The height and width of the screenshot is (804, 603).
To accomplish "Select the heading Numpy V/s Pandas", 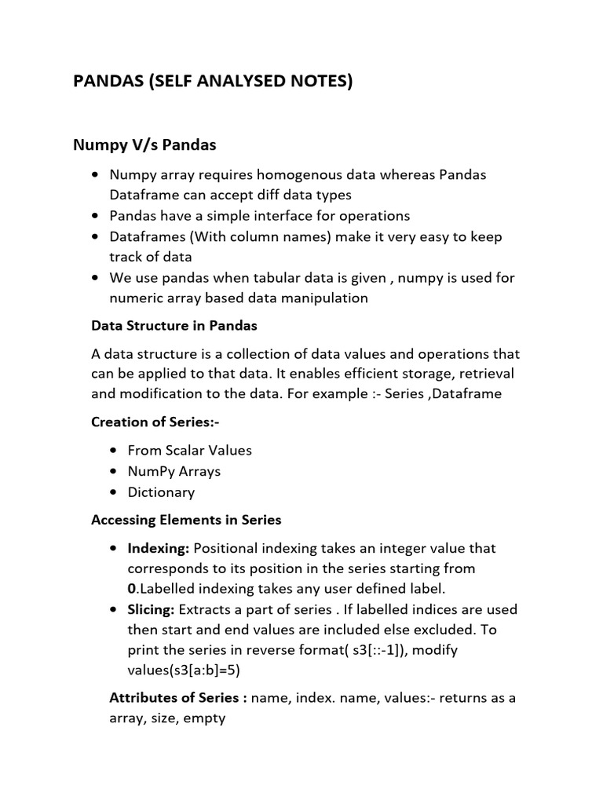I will (144, 145).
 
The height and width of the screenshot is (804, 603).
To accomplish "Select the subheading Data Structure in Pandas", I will (174, 325).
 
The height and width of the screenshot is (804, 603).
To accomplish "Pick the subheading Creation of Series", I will (155, 422).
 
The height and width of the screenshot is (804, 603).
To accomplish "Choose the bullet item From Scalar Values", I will (184, 451).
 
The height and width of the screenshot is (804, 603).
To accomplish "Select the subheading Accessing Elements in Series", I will (186, 520).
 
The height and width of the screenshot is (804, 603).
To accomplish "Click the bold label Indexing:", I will (159, 548).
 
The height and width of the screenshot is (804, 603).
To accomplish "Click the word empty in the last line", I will (204, 718).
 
